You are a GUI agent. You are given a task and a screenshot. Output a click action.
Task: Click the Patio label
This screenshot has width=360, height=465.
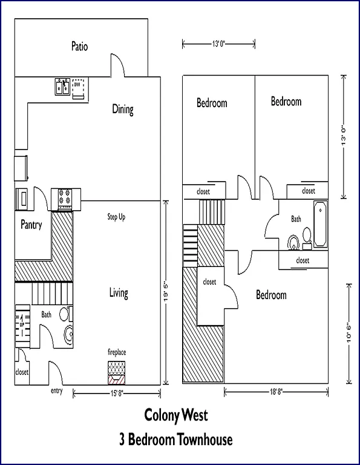tap(79, 46)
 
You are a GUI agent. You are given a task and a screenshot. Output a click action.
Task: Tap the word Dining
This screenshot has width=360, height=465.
tap(123, 110)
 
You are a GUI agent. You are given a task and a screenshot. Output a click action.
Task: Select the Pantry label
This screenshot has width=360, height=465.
tap(31, 225)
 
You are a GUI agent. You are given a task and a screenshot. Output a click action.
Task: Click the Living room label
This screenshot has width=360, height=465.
tap(119, 294)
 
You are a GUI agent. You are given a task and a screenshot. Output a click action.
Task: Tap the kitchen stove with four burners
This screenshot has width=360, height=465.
tap(65, 197)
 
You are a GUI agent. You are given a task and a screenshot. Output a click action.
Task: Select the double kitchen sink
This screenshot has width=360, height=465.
tap(62, 87)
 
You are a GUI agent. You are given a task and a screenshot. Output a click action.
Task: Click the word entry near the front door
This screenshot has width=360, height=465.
tap(56, 391)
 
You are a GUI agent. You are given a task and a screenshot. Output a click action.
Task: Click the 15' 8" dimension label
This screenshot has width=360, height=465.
tap(117, 394)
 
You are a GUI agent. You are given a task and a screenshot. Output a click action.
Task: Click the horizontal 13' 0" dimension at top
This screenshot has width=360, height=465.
tap(218, 43)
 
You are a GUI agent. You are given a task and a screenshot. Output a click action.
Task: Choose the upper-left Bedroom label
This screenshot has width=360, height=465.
tap(212, 103)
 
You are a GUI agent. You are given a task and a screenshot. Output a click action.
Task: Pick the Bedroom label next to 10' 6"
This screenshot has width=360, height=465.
tap(271, 295)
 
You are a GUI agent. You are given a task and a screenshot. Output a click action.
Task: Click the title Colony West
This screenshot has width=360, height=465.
tap(175, 416)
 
